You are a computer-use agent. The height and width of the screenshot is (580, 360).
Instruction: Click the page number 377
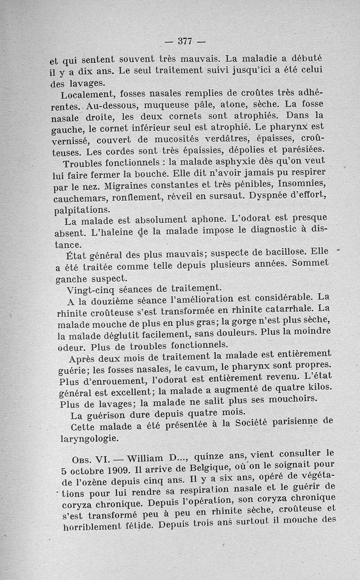pos(185,41)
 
